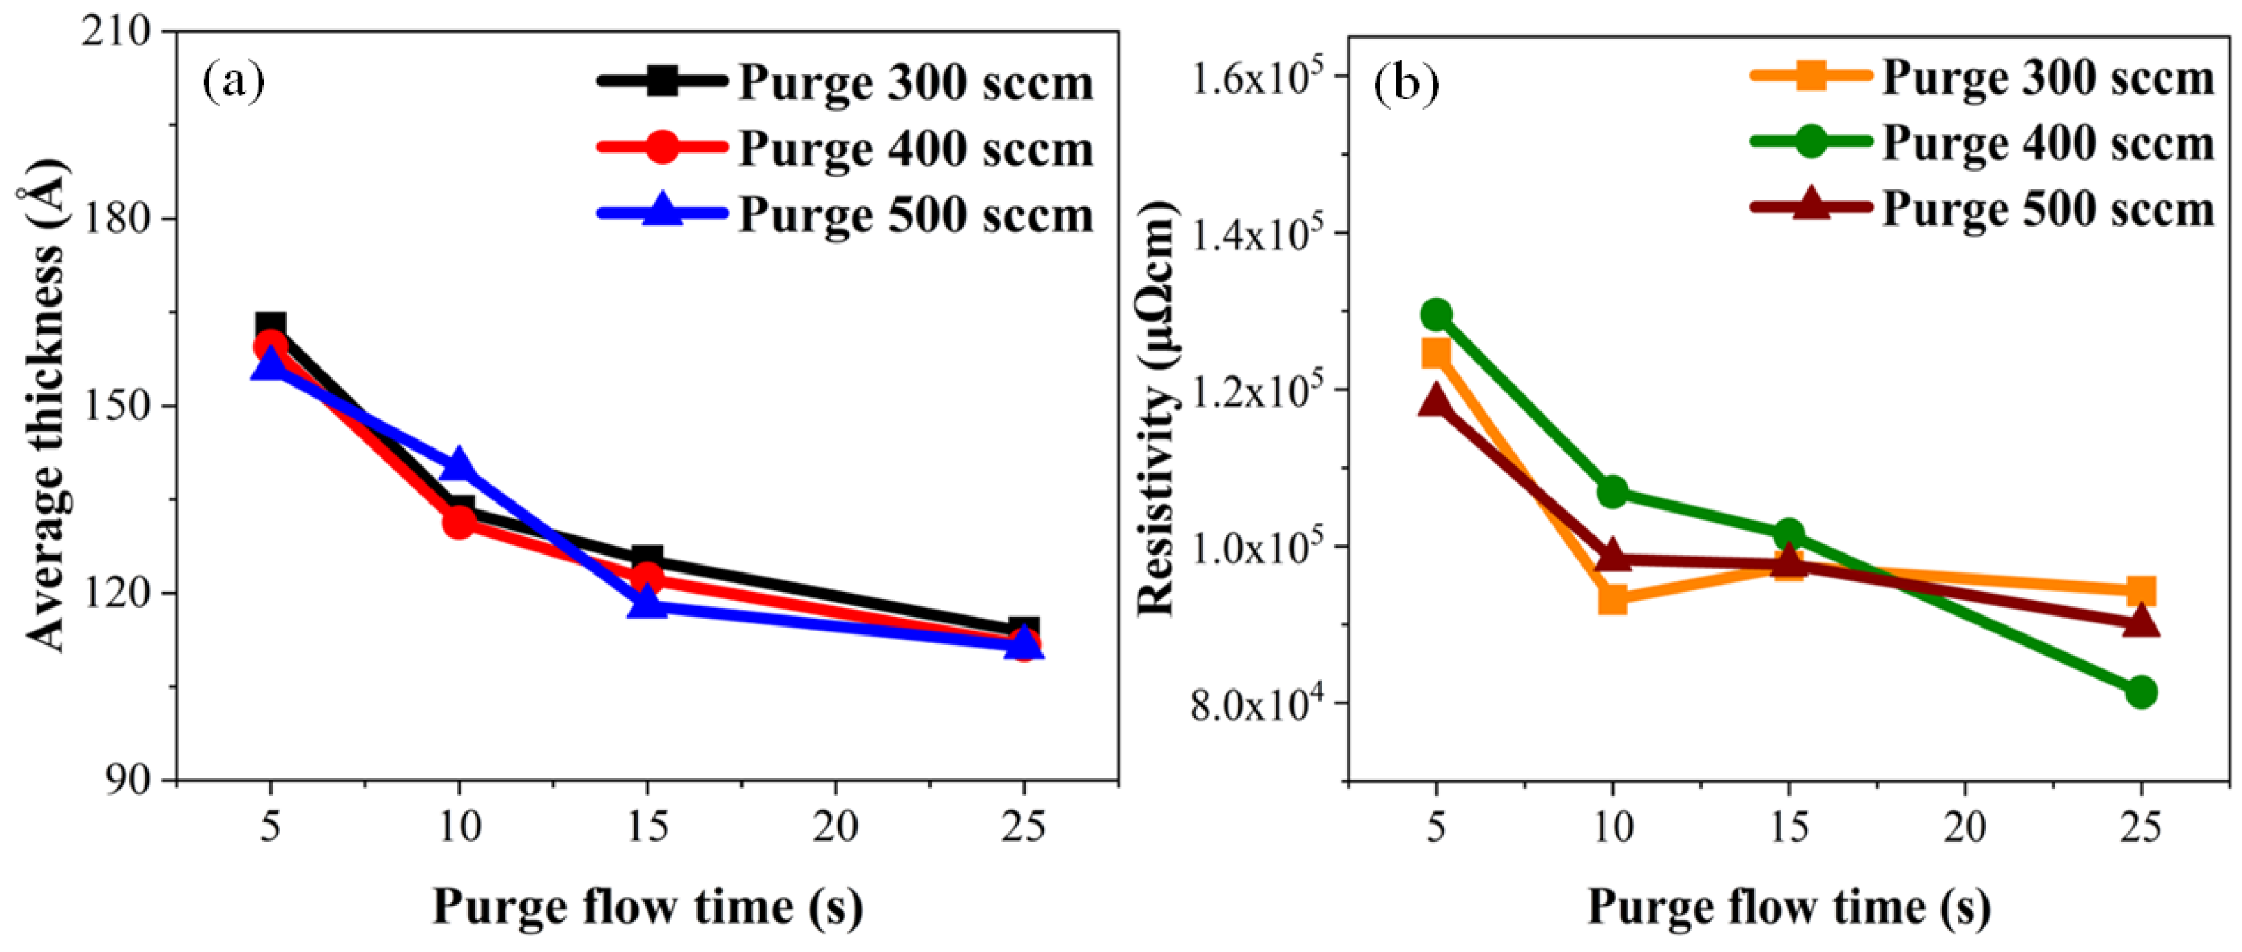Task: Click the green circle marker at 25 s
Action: pos(2140,693)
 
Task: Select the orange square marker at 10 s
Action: pos(1612,599)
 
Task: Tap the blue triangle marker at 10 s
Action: pos(459,466)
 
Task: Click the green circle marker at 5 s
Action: pos(1436,313)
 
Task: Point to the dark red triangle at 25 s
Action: pos(2140,622)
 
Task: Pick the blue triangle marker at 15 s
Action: pos(647,602)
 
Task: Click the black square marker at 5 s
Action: pos(271,327)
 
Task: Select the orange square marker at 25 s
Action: pos(2140,591)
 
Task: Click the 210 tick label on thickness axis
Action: pos(115,31)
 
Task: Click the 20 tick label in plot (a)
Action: pos(835,826)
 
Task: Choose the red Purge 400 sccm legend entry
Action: pos(844,148)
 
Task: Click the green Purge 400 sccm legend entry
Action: pos(1982,143)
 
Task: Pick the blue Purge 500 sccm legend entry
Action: pos(844,214)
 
